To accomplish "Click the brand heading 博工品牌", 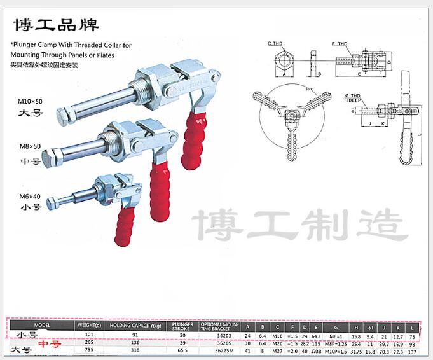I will (x=56, y=26).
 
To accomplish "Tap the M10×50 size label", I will (x=31, y=101).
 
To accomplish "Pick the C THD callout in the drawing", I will (x=275, y=43).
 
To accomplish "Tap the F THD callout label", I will (x=340, y=43).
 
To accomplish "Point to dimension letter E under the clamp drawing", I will (x=359, y=74).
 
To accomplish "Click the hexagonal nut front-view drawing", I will (x=284, y=64).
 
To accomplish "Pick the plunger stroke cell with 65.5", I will (x=182, y=350).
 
